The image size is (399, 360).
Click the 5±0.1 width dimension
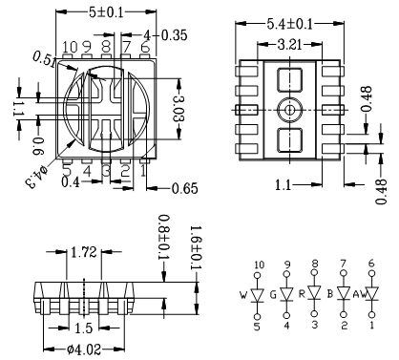pos(106,12)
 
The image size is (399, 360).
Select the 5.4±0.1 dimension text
pos(290,24)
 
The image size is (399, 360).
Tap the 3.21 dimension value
pos(289,45)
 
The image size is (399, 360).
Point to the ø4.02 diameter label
pos(84,349)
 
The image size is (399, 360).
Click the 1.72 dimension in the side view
pos(84,252)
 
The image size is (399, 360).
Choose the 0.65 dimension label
pos(184,188)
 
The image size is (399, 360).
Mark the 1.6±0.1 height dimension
pos(195,247)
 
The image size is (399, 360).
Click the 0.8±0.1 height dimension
pos(164,237)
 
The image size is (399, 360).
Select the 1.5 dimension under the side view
pos(83,328)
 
